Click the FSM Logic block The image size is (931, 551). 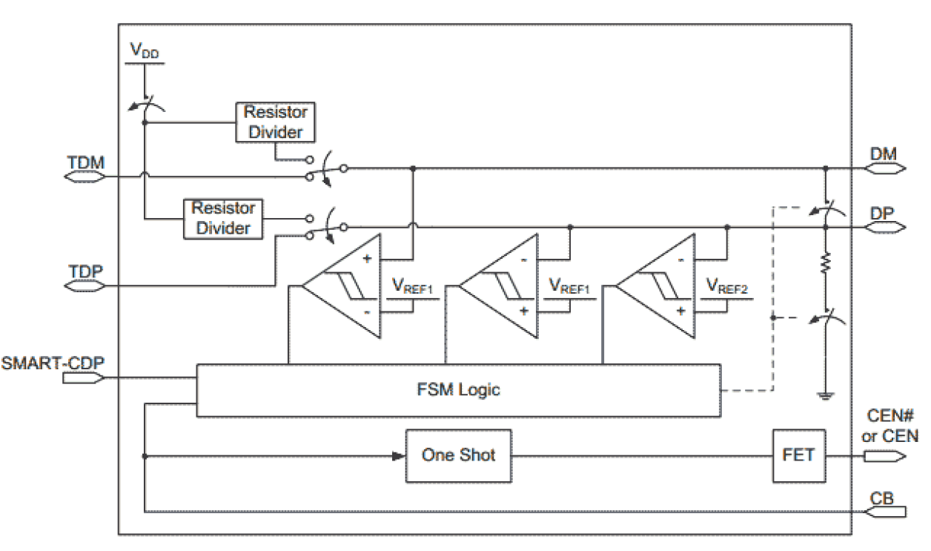click(x=457, y=390)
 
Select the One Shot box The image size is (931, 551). click(x=458, y=455)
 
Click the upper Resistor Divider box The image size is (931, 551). click(x=275, y=122)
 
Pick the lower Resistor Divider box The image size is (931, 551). click(x=222, y=218)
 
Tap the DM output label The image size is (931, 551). click(x=884, y=154)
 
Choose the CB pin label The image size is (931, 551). click(x=883, y=497)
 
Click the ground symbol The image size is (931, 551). click(x=824, y=395)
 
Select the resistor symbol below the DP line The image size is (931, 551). click(x=824, y=263)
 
